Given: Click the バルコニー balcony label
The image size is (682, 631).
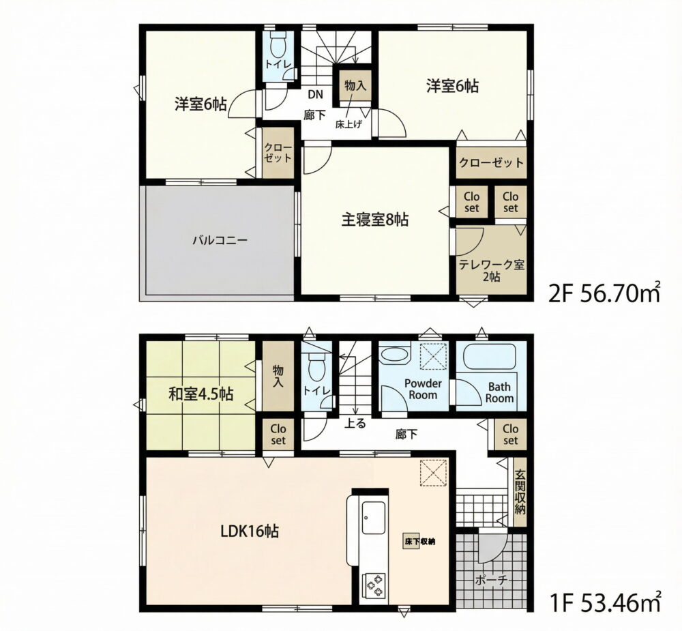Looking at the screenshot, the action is tap(220, 240).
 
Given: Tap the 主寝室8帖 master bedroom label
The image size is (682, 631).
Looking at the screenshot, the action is tap(374, 220).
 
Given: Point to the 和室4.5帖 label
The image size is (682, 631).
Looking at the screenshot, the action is tap(201, 394).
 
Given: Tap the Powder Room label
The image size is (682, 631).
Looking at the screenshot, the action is tap(423, 389).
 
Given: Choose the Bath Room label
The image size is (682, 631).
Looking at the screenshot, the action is tap(499, 392).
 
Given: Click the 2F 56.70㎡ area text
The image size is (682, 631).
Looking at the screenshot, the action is tap(605, 294).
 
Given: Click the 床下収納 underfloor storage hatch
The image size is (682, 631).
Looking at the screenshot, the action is tap(409, 542).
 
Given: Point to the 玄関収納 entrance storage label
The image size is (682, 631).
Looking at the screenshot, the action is tap(520, 491).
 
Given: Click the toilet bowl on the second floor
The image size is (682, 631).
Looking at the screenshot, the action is tap(277, 44).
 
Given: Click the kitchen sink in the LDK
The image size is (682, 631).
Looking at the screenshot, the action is tap(373, 520).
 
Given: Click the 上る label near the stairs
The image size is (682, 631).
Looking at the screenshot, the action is tap(355, 423).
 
